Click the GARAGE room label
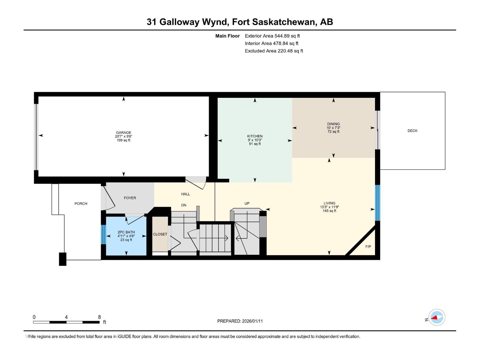[123, 132]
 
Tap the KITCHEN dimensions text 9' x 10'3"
[255, 140]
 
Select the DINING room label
[333, 124]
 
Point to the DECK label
[412, 131]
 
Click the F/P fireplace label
[368, 247]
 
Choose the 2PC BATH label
[126, 232]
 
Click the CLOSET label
[160, 234]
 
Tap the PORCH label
[81, 204]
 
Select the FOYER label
[130, 198]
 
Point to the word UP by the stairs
[247, 203]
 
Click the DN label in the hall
[184, 205]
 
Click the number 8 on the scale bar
[99, 317]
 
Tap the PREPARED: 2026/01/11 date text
[240, 321]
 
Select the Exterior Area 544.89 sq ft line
[272, 36]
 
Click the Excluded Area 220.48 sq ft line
[274, 51]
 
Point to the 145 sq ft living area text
[329, 211]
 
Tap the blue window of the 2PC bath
[103, 234]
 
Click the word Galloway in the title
[179, 22]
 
